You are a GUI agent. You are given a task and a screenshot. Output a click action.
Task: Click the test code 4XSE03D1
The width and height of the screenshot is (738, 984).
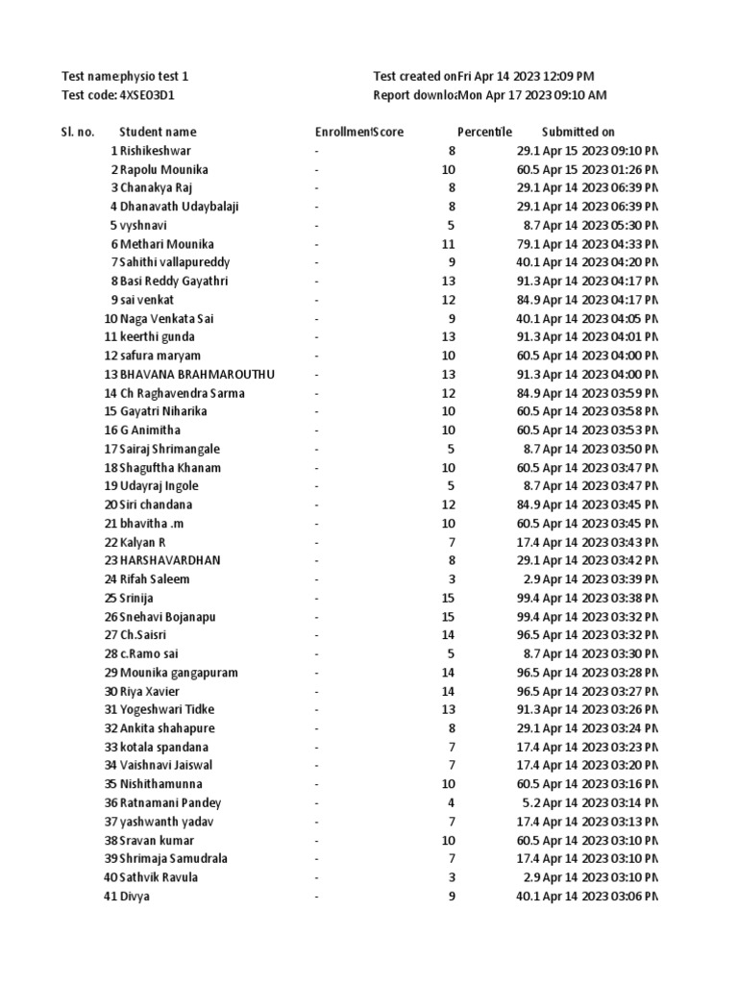[x=147, y=95]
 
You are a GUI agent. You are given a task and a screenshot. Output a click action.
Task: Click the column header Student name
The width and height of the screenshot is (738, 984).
[x=158, y=132]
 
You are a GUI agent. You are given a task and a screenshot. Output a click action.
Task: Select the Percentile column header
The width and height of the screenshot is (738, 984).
[x=484, y=132]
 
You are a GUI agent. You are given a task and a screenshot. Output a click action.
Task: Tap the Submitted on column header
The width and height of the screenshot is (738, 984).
[x=578, y=132]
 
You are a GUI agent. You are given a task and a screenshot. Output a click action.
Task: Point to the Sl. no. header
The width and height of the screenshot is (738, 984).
[x=78, y=132]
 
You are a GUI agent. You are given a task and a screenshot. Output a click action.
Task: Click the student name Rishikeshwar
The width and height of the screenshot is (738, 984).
[x=156, y=151]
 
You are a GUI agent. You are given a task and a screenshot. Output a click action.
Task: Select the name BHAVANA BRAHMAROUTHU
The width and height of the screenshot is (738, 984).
[x=197, y=374]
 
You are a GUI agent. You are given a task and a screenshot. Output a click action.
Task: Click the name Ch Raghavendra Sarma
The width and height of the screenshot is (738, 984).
[x=183, y=393]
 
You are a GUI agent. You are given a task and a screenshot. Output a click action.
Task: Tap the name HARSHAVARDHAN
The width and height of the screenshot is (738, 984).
[x=170, y=560]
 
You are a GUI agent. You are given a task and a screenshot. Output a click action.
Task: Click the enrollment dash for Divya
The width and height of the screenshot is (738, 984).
[x=316, y=896]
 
